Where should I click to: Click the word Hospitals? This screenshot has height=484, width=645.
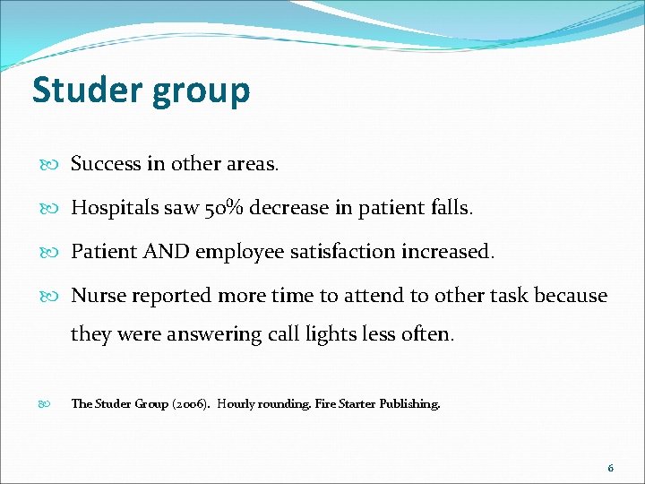(114, 208)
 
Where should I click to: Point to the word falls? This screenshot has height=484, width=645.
(451, 208)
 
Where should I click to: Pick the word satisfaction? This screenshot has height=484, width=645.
(348, 252)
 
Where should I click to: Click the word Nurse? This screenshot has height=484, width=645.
(97, 296)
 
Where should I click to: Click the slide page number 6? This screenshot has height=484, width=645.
(610, 468)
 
